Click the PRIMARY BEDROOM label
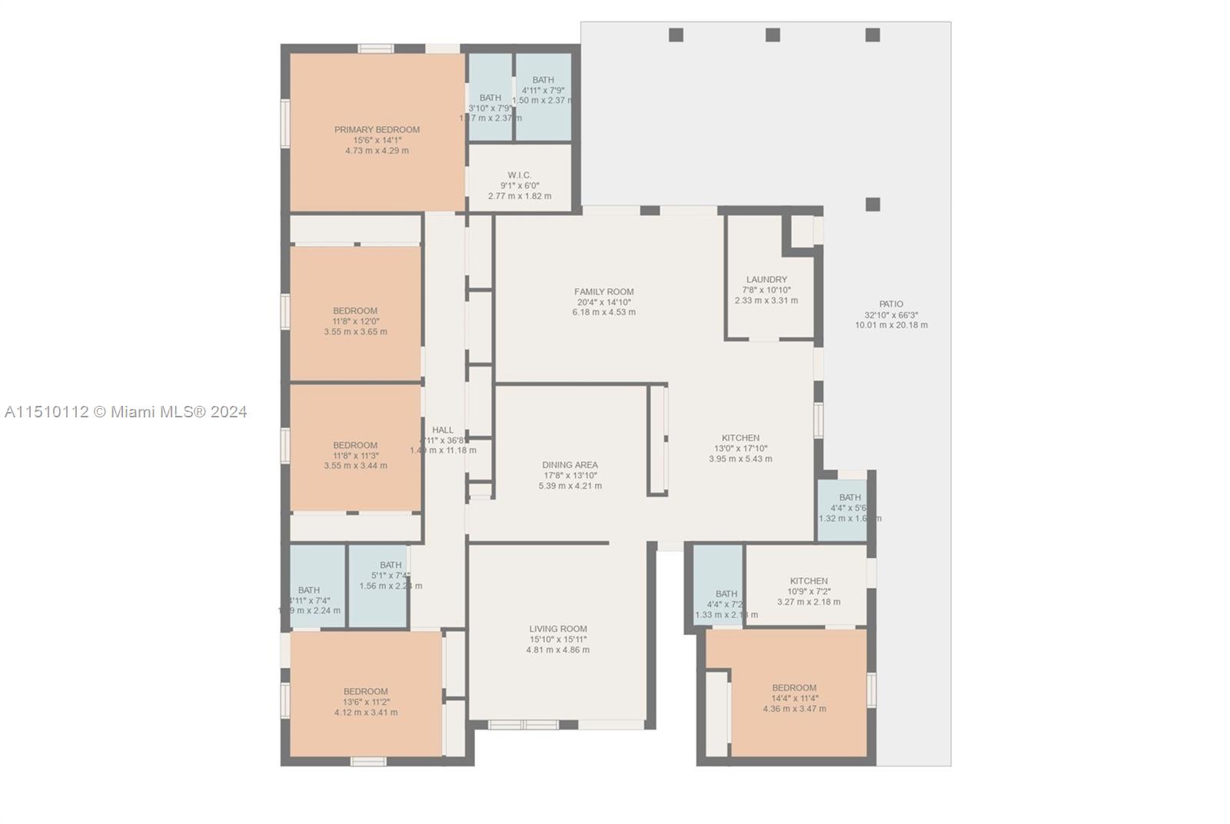[x=377, y=130]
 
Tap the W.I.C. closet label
[x=520, y=175]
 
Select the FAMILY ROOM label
[x=603, y=292]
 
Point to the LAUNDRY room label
[x=766, y=280]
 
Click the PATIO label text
[x=891, y=304]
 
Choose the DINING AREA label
[x=570, y=465]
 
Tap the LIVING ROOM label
[x=558, y=629]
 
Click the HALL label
[x=443, y=430]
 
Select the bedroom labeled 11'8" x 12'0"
[x=355, y=321]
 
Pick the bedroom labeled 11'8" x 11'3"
[x=355, y=455]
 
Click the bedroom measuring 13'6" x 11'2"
[x=366, y=702]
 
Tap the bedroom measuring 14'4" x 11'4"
[x=794, y=698]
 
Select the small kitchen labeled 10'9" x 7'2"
[x=809, y=591]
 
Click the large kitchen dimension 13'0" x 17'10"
[x=740, y=448]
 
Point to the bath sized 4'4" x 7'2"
[x=726, y=604]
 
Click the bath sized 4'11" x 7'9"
[x=543, y=90]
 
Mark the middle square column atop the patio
[x=773, y=35]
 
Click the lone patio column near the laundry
[x=873, y=204]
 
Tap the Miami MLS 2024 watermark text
[x=125, y=412]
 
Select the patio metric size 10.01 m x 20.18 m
[x=891, y=325]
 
